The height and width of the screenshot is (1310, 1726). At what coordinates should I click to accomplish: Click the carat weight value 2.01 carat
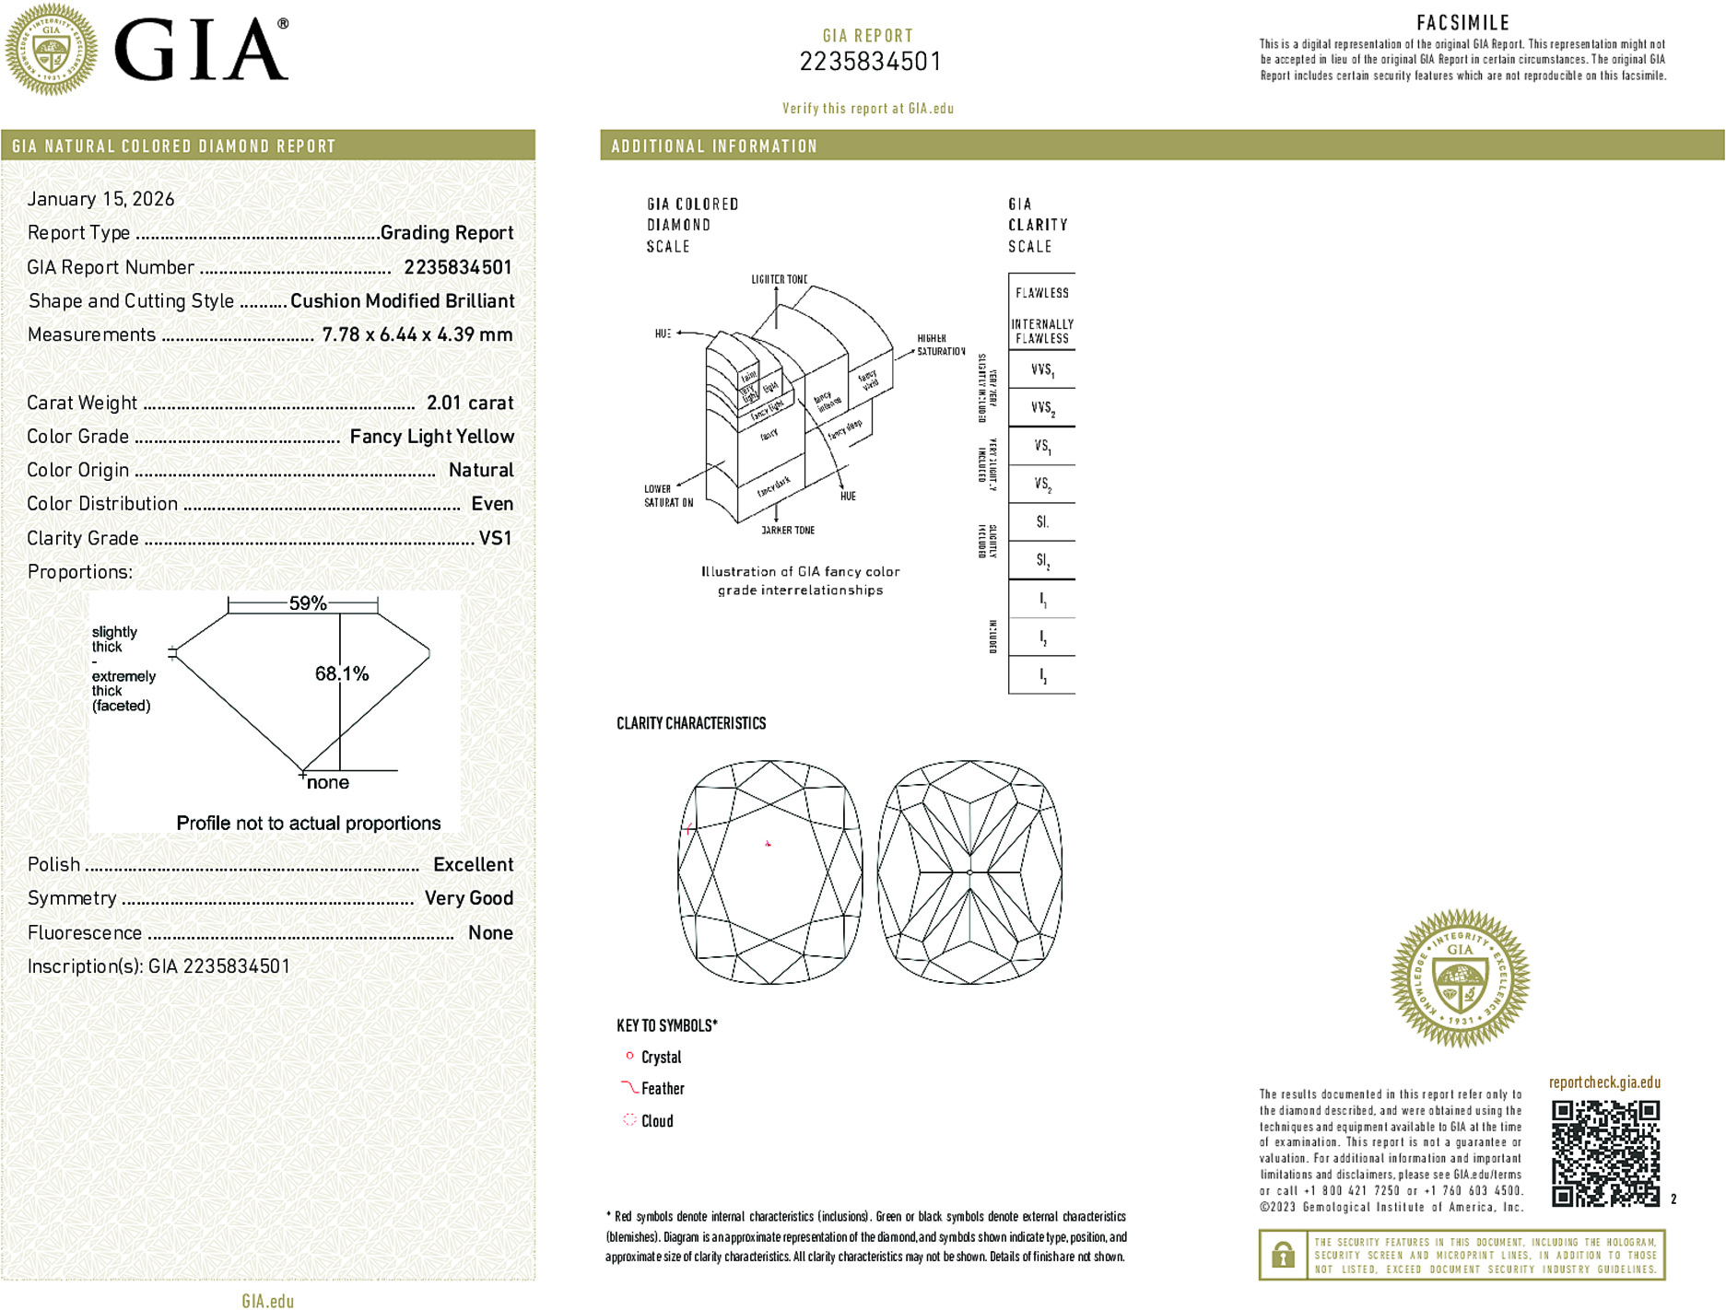[x=469, y=403]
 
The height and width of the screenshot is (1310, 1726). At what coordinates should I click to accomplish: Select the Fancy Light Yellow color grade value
[x=431, y=437]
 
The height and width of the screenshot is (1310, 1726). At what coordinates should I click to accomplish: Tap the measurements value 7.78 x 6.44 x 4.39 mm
[x=417, y=334]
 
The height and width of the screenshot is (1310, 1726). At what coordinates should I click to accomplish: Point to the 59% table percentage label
[x=307, y=603]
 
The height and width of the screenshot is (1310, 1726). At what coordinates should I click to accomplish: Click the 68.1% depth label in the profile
[x=342, y=673]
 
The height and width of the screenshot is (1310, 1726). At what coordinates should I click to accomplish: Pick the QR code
[x=1605, y=1152]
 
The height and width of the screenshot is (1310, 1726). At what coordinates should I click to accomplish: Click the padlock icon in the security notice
[x=1283, y=1255]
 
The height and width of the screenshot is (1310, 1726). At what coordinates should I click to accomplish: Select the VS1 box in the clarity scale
[x=1042, y=446]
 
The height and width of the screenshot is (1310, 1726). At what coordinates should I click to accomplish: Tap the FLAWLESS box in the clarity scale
[x=1042, y=293]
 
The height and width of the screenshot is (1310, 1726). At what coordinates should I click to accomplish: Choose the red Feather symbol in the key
[x=629, y=1088]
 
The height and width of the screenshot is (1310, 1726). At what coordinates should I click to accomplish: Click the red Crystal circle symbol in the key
[x=629, y=1056]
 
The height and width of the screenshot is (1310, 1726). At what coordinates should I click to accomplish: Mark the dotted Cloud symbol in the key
[x=629, y=1120]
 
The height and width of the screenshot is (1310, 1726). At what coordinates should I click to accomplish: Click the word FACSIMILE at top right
[x=1462, y=23]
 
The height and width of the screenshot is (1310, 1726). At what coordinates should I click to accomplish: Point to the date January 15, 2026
[x=100, y=199]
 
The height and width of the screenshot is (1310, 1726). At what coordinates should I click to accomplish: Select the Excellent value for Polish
[x=473, y=864]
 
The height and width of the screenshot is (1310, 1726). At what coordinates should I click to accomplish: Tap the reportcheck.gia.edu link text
[x=1604, y=1082]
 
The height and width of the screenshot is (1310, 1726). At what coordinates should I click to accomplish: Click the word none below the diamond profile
[x=328, y=782]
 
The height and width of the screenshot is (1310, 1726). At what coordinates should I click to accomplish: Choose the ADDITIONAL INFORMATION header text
[x=714, y=146]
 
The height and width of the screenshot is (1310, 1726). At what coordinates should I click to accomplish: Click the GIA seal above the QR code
[x=1460, y=977]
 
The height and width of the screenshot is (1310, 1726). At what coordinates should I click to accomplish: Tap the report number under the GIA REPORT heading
[x=869, y=62]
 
